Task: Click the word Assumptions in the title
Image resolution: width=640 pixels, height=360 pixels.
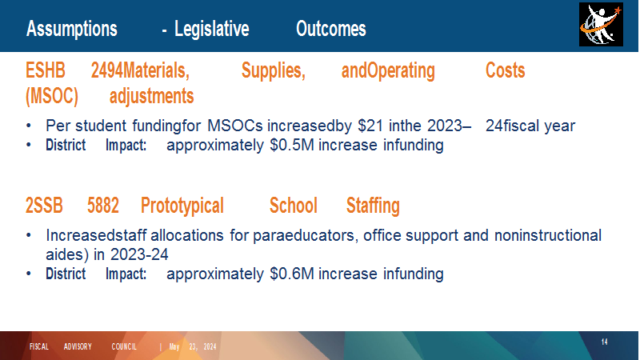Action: (x=72, y=29)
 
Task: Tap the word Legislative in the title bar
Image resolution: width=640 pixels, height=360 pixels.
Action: (x=211, y=29)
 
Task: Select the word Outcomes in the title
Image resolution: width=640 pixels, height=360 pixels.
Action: (x=331, y=29)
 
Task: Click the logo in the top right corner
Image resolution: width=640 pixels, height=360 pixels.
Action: (x=601, y=25)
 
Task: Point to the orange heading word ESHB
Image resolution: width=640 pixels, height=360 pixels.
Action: (x=46, y=70)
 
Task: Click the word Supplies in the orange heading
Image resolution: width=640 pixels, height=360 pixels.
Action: (x=273, y=70)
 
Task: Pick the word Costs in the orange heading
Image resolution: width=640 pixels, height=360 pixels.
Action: (x=505, y=70)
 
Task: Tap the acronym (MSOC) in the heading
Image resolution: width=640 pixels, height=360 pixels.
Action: (x=52, y=96)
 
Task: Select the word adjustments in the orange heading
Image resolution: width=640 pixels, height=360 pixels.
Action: (x=151, y=96)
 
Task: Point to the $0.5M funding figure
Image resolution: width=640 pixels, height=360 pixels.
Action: (x=292, y=146)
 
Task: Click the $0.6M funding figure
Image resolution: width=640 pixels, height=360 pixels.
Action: (x=292, y=274)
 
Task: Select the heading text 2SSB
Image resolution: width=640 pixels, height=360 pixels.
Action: (x=44, y=206)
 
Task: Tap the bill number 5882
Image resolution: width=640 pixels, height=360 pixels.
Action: (x=103, y=206)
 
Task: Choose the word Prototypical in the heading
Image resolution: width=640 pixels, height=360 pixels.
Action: (x=182, y=206)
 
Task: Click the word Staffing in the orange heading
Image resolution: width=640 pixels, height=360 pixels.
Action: (x=373, y=206)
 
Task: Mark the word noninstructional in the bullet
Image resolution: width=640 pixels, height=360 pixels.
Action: (x=548, y=235)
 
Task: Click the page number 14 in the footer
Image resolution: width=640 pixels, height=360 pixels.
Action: (x=605, y=342)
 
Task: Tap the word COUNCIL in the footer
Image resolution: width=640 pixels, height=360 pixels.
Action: (x=124, y=346)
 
